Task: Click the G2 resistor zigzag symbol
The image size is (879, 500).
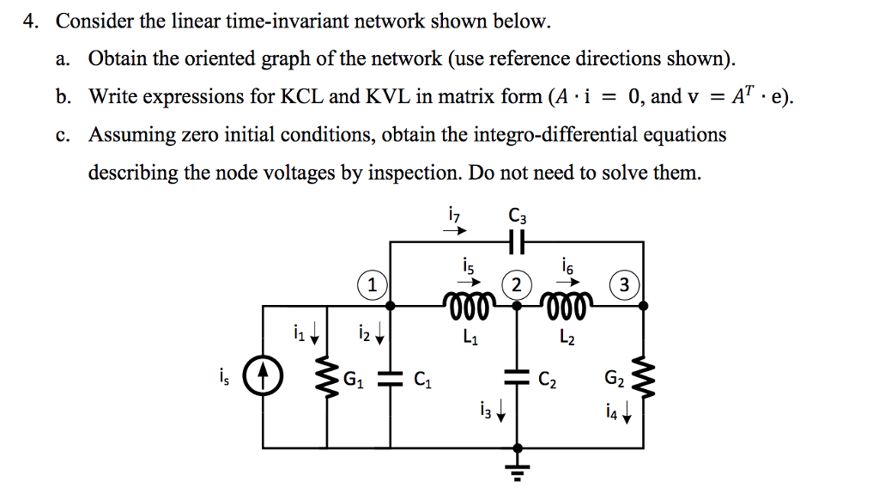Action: tap(646, 377)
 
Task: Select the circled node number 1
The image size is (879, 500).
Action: tap(370, 285)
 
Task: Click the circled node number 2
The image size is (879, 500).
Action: tap(516, 285)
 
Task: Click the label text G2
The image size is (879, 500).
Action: tap(614, 377)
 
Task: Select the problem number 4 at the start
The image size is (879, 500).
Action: tap(30, 21)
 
